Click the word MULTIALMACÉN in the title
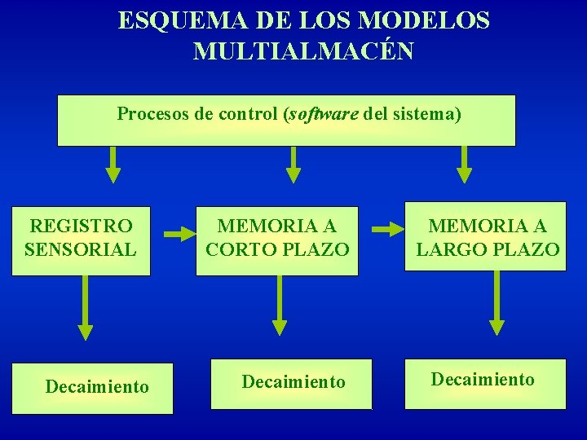(303, 51)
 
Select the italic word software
(324, 113)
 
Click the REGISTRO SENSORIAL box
(81, 238)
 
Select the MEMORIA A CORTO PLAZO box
(277, 238)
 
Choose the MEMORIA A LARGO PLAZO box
(488, 238)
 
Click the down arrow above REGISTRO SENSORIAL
(113, 165)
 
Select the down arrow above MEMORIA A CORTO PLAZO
(293, 165)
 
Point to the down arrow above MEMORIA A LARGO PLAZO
(464, 165)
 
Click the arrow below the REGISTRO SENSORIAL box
(85, 309)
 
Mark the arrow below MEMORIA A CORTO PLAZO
(280, 306)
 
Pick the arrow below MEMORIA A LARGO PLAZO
(496, 304)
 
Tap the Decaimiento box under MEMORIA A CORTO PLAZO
(291, 383)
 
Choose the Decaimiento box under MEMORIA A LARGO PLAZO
(485, 381)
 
